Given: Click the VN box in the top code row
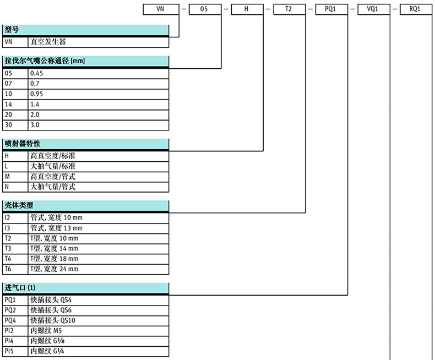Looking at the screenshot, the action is point(161,9).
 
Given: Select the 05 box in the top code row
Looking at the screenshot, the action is point(205,9).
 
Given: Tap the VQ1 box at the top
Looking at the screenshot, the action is point(374,9).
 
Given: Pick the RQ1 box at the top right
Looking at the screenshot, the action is point(416,9).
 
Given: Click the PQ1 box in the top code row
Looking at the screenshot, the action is point(331,9).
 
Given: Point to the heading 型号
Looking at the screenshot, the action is point(12,29).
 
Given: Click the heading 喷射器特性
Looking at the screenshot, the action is point(23,144).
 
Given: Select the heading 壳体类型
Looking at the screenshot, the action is point(19,205).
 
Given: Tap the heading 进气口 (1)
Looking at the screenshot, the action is point(20,287).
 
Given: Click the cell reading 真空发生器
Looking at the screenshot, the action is point(48,42).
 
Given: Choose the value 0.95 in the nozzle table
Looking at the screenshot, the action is point(37,94).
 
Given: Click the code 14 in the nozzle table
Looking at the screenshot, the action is point(8,104).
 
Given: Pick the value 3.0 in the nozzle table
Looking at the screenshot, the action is point(35,125).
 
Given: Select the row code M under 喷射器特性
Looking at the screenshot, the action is point(7,176).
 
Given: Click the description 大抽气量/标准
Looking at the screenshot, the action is point(53,166).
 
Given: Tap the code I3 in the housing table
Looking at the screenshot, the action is point(7,228).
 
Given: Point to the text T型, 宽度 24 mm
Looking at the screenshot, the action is point(54,269).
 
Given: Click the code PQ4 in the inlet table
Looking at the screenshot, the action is point(10,320).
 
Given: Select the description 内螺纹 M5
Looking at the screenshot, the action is point(46,331).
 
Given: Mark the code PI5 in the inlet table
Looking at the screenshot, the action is point(9,351).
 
